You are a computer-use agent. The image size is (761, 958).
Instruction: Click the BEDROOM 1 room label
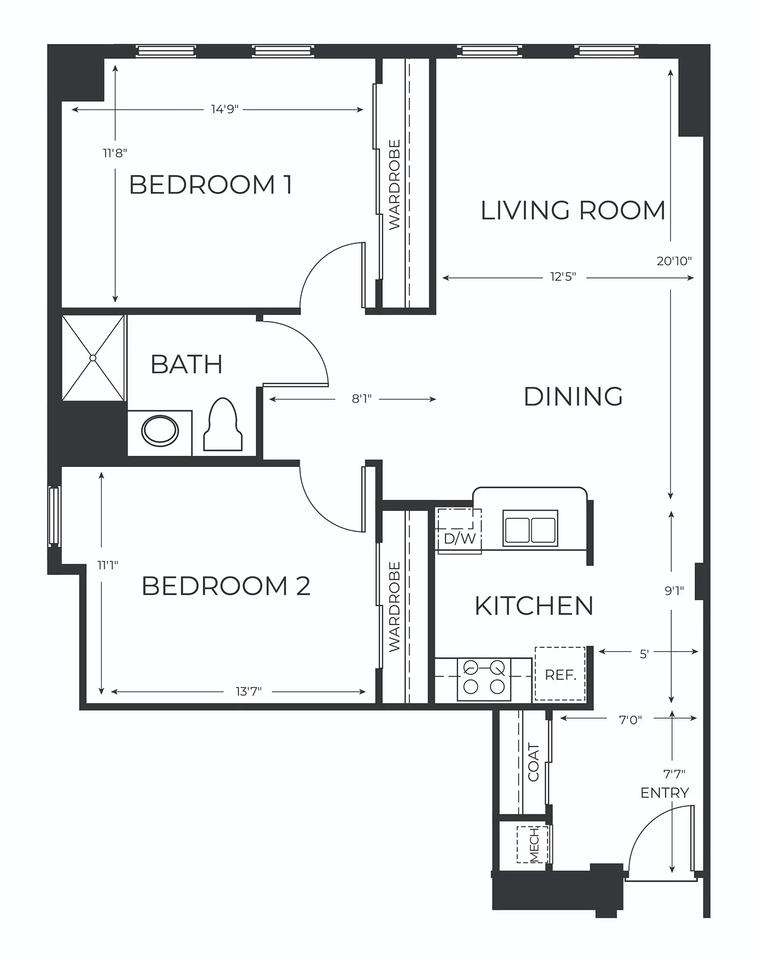(x=211, y=185)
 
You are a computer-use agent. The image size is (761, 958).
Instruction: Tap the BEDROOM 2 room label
(x=226, y=586)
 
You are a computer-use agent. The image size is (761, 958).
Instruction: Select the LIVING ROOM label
(x=573, y=210)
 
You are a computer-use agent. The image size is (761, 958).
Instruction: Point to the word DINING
(x=573, y=397)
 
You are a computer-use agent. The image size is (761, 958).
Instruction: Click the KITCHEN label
(x=534, y=606)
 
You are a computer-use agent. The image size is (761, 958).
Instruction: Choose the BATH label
(x=187, y=364)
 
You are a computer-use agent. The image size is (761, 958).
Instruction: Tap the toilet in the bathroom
(x=223, y=425)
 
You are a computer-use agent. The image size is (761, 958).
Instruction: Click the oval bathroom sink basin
(x=160, y=432)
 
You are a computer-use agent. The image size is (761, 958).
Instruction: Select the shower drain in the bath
(x=93, y=358)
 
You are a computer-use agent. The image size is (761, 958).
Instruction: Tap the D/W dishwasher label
(x=460, y=539)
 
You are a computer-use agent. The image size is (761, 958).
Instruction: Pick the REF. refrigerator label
(x=560, y=675)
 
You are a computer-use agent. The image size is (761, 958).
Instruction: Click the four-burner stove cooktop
(x=484, y=680)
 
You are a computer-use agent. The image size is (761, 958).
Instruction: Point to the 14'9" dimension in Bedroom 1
(x=225, y=109)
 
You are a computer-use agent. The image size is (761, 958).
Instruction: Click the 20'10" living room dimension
(x=674, y=260)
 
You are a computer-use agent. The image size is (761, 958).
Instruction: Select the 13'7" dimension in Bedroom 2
(x=249, y=692)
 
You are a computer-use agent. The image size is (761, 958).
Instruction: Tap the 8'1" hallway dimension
(x=362, y=399)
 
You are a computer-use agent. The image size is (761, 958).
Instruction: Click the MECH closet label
(x=534, y=845)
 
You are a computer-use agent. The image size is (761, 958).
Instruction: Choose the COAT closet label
(x=534, y=762)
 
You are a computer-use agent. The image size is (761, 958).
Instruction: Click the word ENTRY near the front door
(x=665, y=792)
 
